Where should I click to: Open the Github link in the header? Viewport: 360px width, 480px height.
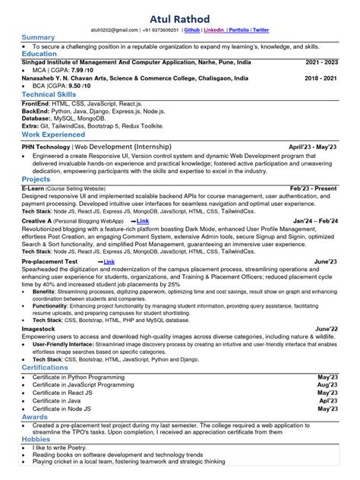click(193, 30)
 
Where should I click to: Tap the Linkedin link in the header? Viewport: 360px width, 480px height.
click(215, 30)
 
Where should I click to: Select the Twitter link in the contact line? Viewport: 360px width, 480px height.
click(261, 30)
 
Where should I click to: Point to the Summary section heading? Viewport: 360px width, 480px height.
click(38, 37)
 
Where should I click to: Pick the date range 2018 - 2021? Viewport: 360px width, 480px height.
click(321, 77)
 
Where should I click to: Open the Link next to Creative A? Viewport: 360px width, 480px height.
click(141, 220)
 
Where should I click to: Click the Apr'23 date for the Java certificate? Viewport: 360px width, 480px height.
click(328, 400)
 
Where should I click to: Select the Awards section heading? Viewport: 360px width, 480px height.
click(35, 416)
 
